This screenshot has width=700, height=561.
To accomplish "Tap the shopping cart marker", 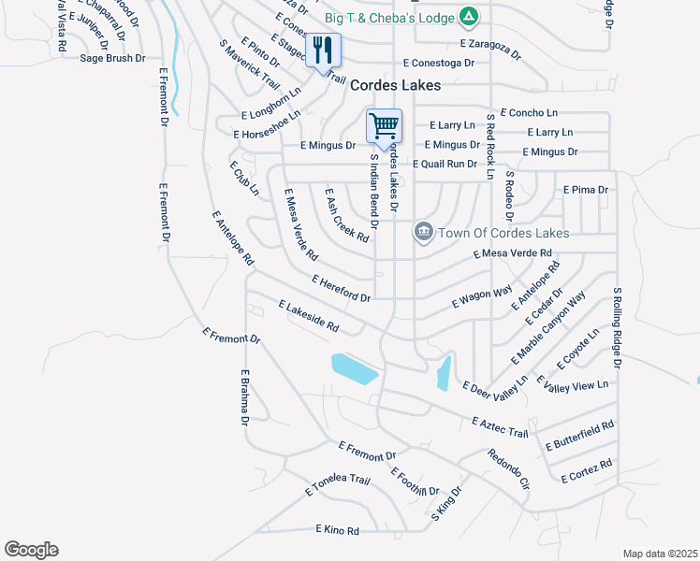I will click(384, 126).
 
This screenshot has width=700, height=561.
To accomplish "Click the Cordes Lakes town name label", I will click(396, 85).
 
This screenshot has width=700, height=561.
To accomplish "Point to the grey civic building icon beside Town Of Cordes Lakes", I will click(423, 231).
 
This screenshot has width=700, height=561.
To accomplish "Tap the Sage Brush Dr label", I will click(112, 58).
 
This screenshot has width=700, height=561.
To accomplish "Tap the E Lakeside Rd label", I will click(308, 317).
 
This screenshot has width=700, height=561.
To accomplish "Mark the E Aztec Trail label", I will click(501, 427).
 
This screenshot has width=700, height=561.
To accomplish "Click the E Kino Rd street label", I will click(337, 531).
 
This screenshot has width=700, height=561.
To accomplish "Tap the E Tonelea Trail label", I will click(337, 486).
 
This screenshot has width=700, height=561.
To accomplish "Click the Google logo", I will click(31, 550).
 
